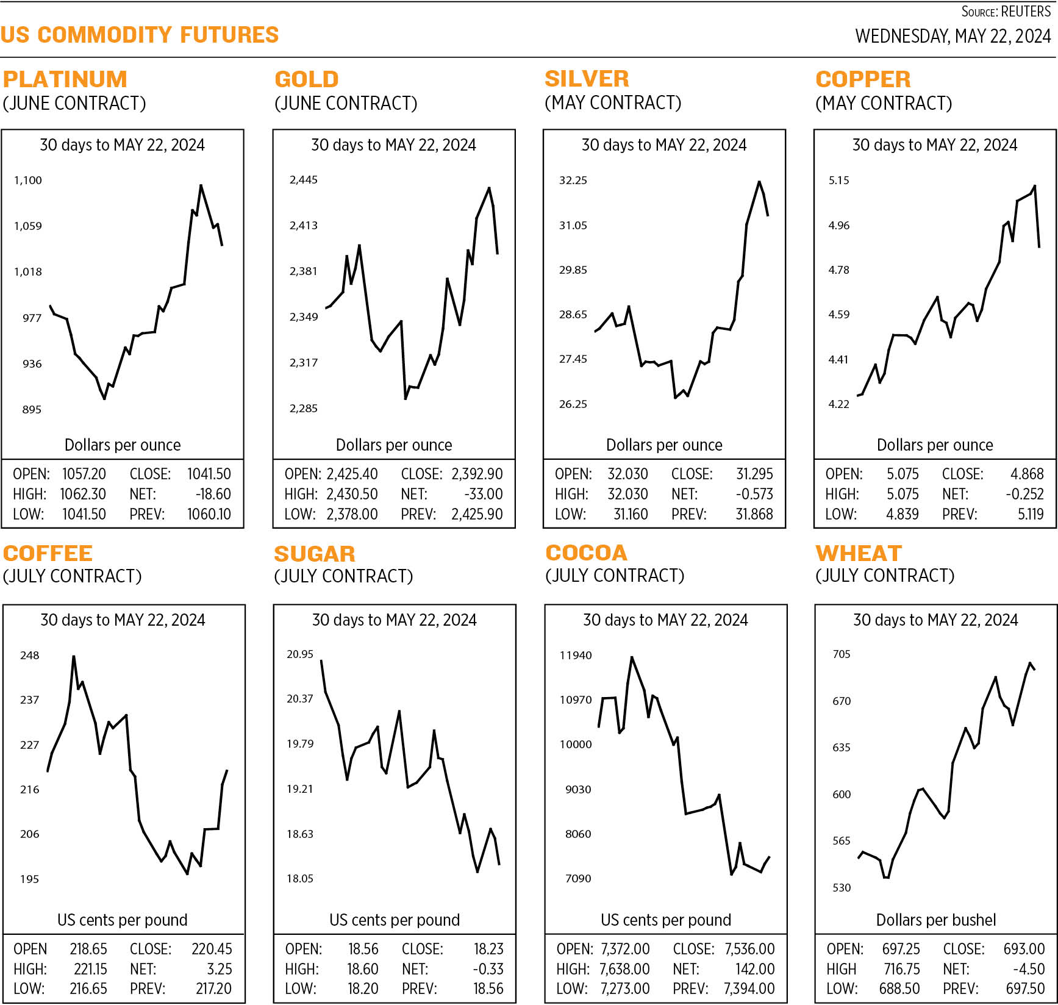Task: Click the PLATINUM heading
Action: (x=65, y=79)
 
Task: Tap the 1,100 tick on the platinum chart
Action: (x=28, y=181)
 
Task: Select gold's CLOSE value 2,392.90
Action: (x=477, y=474)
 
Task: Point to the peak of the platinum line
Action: (x=201, y=185)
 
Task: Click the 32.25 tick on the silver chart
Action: (x=573, y=181)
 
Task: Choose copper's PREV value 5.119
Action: (x=1030, y=514)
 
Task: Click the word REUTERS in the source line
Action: (x=1026, y=12)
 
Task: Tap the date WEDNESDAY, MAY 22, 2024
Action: (x=953, y=37)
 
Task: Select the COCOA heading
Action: (x=586, y=553)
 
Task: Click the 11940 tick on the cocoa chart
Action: (x=576, y=656)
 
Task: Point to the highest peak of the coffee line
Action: (x=74, y=657)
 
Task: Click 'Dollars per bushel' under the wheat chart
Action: (x=935, y=920)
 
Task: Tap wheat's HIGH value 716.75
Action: (x=901, y=969)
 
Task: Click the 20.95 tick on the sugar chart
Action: (x=300, y=654)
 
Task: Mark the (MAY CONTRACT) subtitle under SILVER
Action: (x=612, y=102)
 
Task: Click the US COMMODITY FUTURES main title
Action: (x=140, y=35)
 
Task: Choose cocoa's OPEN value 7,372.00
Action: (x=625, y=949)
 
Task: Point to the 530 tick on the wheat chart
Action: (x=841, y=888)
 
